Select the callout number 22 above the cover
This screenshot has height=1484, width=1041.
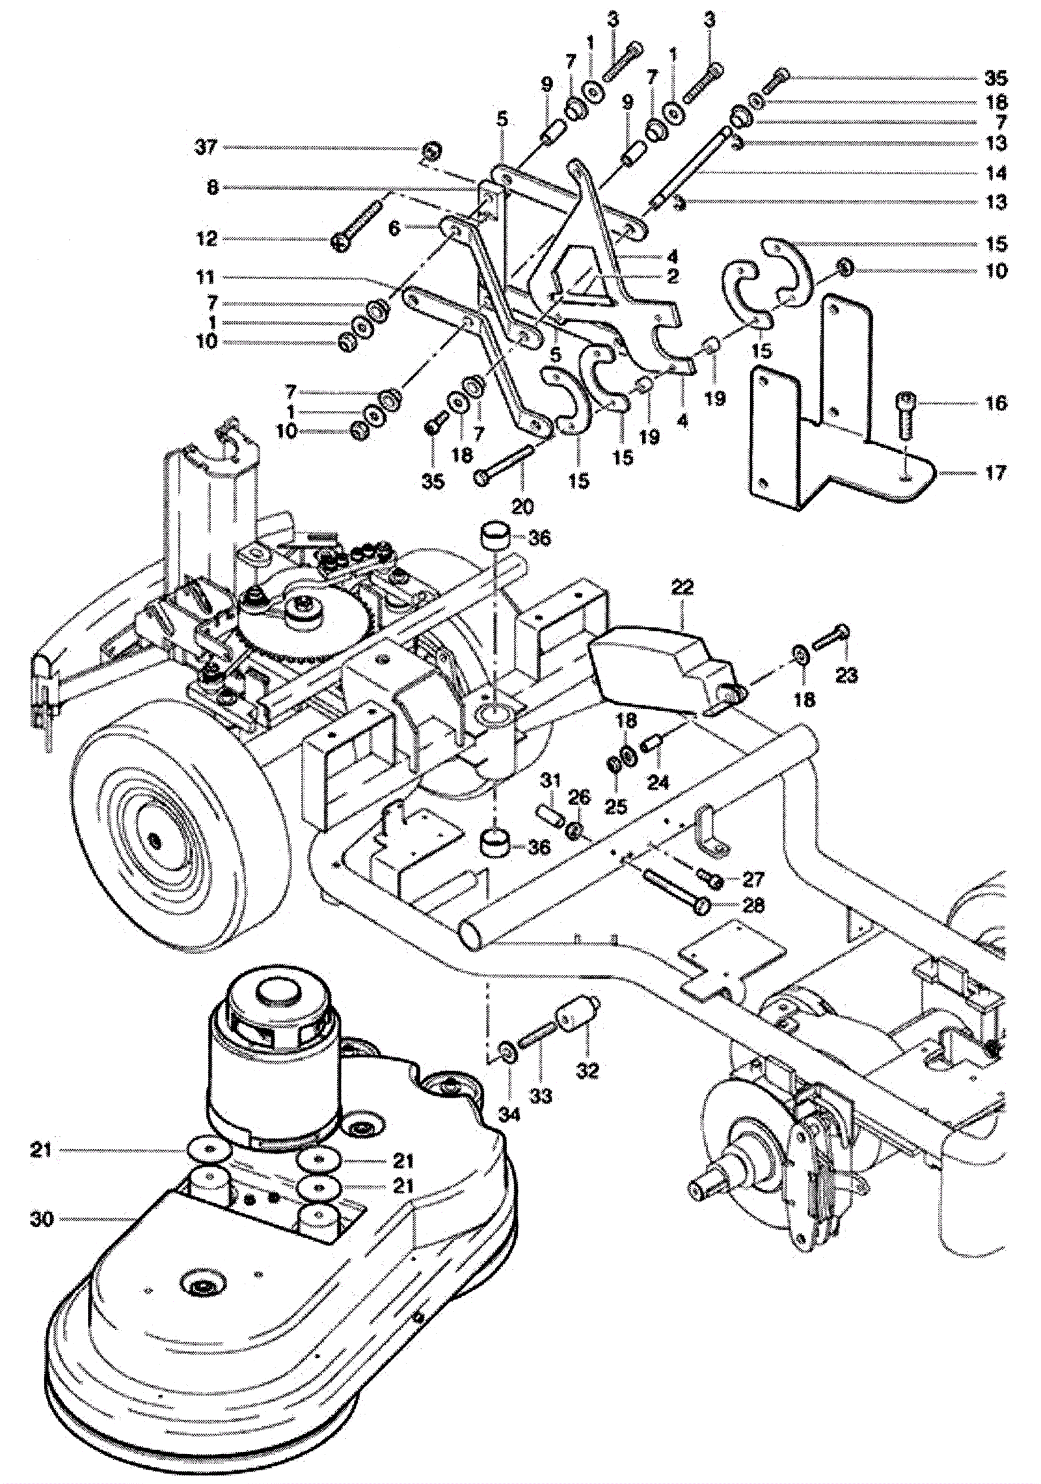pyautogui.click(x=682, y=587)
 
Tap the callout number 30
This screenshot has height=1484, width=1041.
pyautogui.click(x=41, y=1219)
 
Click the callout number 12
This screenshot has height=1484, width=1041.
pyautogui.click(x=206, y=239)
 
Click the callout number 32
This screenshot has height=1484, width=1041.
pyautogui.click(x=587, y=1070)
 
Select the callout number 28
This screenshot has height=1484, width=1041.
pyautogui.click(x=753, y=905)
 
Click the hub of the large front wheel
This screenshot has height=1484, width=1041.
pyautogui.click(x=154, y=840)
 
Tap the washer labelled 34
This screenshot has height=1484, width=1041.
pyautogui.click(x=507, y=1051)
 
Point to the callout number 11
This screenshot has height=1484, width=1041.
pyautogui.click(x=206, y=278)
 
